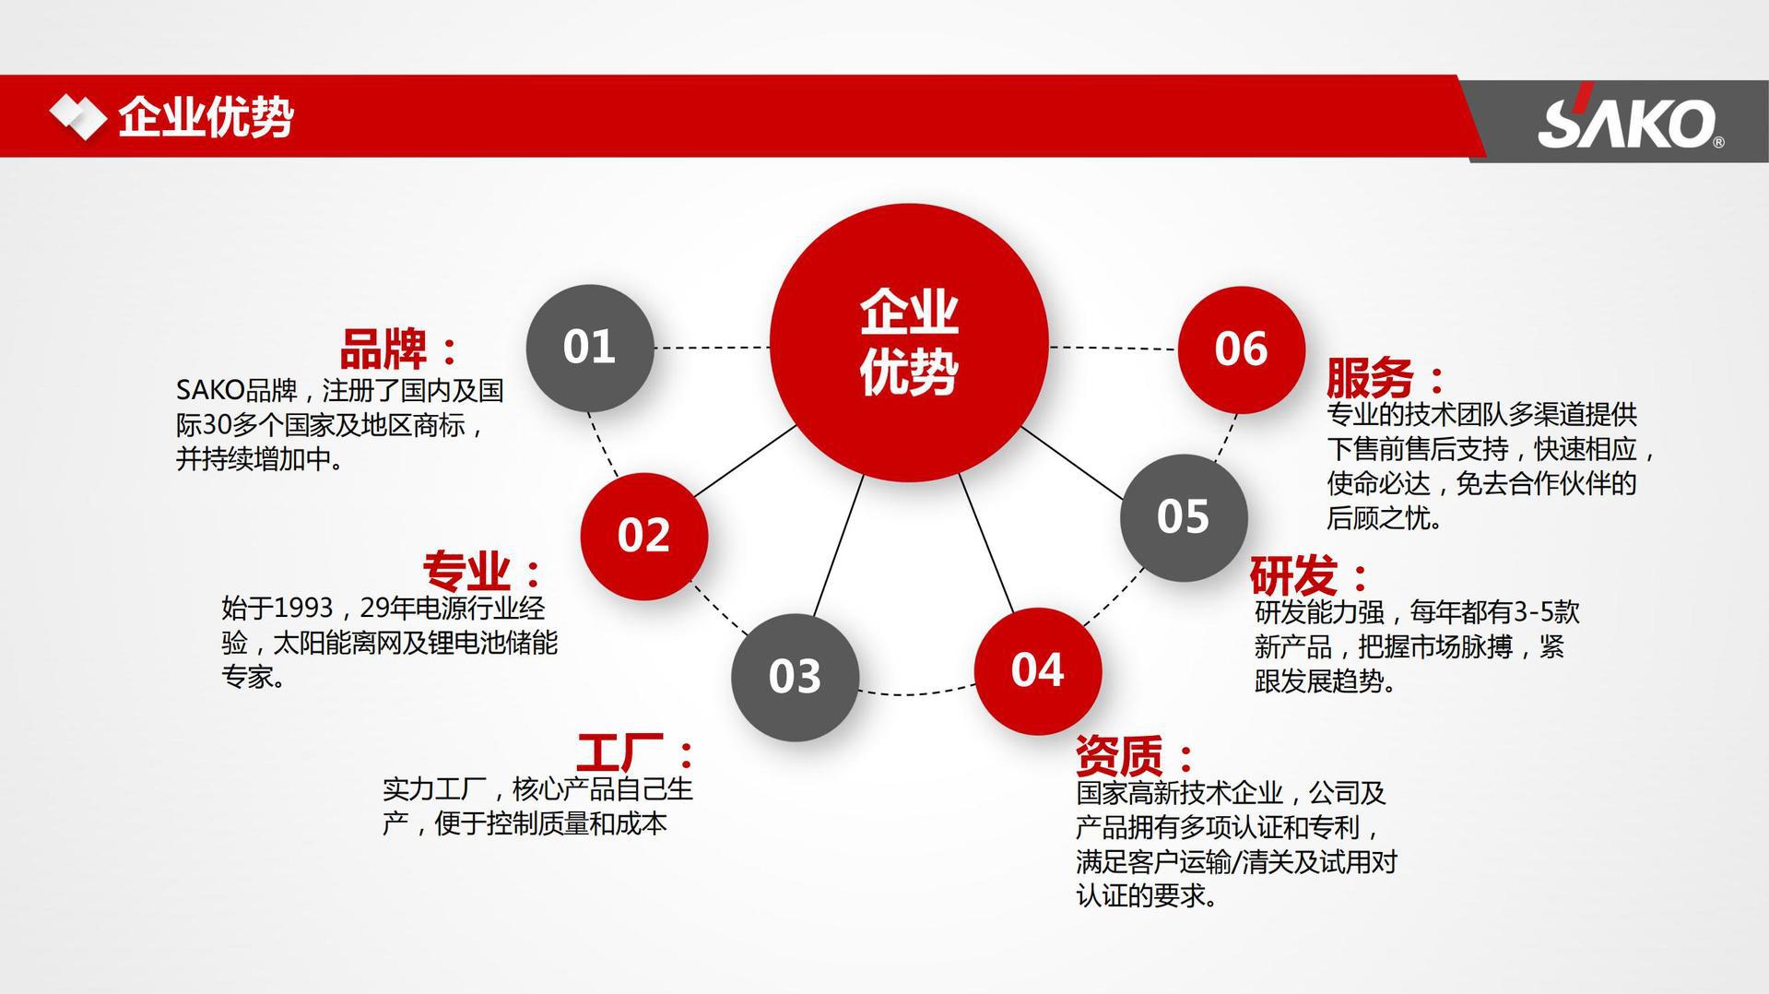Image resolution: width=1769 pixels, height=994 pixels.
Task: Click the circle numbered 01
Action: click(x=589, y=348)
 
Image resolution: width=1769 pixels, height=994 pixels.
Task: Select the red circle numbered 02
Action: click(x=643, y=536)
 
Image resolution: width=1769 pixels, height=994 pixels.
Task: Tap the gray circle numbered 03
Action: click(x=795, y=677)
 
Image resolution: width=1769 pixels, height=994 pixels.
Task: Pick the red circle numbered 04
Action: click(x=1037, y=670)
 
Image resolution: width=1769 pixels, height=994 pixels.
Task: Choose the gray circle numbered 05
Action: click(x=1183, y=517)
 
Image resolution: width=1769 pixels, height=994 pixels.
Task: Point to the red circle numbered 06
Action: click(x=1241, y=349)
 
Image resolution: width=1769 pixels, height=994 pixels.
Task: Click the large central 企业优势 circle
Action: click(x=909, y=342)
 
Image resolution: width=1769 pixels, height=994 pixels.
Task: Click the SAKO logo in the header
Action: click(x=1628, y=122)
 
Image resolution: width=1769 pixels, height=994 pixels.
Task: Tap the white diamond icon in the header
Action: click(x=77, y=117)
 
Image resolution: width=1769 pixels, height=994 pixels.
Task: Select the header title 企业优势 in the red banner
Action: click(x=206, y=117)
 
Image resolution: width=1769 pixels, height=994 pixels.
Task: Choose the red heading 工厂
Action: click(x=620, y=752)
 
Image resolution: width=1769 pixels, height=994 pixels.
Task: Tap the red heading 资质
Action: click(x=1119, y=756)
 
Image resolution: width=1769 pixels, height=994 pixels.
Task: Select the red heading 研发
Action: click(x=1293, y=576)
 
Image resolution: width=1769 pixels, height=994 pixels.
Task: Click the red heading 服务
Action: click(x=1370, y=377)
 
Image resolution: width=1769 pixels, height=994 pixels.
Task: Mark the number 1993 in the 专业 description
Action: click(x=303, y=609)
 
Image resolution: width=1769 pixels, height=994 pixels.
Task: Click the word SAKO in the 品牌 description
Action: click(x=209, y=391)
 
